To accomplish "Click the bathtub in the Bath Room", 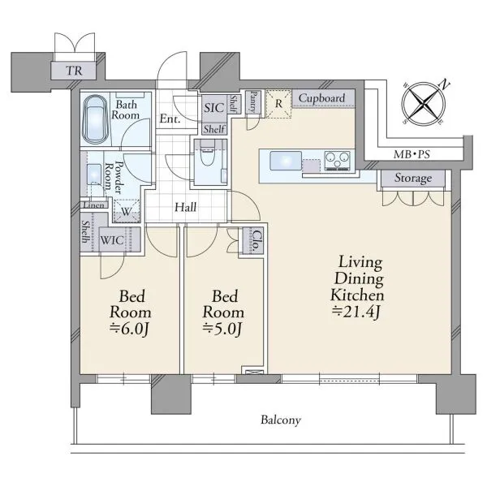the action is pyautogui.click(x=95, y=119).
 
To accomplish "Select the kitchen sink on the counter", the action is pyautogui.click(x=286, y=161).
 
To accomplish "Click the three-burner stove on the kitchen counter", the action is pyautogui.click(x=338, y=161).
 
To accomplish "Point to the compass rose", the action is pyautogui.click(x=424, y=103).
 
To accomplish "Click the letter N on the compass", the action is pyautogui.click(x=444, y=84).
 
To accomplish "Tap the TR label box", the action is pyautogui.click(x=74, y=71).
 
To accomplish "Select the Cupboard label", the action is pyautogui.click(x=321, y=98).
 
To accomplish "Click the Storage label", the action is pyautogui.click(x=413, y=178).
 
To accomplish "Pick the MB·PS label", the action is pyautogui.click(x=412, y=154).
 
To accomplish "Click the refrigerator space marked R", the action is pyautogui.click(x=278, y=104).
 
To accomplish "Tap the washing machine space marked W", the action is pyautogui.click(x=126, y=211).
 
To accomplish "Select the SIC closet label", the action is pyautogui.click(x=214, y=108).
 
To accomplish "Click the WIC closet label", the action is pyautogui.click(x=112, y=240).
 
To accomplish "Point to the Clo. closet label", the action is pyautogui.click(x=256, y=241).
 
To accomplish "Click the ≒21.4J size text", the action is pyautogui.click(x=356, y=312).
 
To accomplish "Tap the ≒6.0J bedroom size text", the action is pyautogui.click(x=130, y=330).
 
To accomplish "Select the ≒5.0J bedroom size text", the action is pyautogui.click(x=222, y=330).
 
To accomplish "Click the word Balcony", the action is pyautogui.click(x=281, y=420).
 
